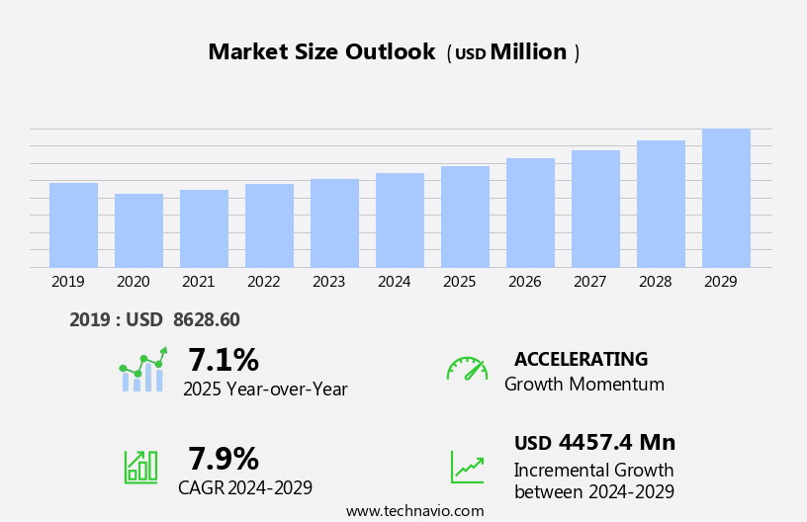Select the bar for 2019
(73, 225)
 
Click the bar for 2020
(138, 230)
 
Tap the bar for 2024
(400, 220)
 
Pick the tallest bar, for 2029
(726, 198)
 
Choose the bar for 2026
(530, 213)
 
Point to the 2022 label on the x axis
(263, 282)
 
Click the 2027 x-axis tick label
(589, 282)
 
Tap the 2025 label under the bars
(459, 282)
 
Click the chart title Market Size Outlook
(321, 52)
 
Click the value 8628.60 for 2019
(206, 319)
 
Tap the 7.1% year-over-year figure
(224, 360)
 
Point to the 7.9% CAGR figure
(224, 459)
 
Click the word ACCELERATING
(581, 360)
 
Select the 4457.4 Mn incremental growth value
(616, 443)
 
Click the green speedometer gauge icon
(467, 369)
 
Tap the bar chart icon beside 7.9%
(140, 466)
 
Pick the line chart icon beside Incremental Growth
(467, 467)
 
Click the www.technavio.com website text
(414, 511)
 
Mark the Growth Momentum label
(583, 385)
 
